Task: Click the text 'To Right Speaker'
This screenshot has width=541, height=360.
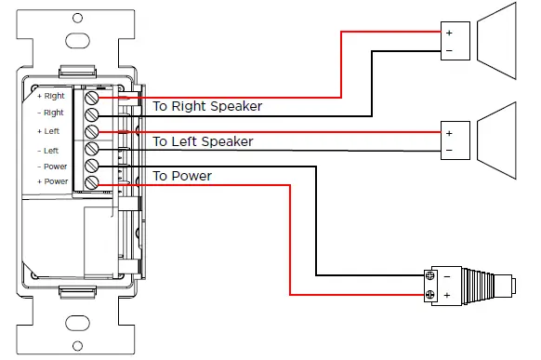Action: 207,107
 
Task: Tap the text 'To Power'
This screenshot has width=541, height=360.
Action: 182,176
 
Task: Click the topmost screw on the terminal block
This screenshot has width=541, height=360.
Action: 92,97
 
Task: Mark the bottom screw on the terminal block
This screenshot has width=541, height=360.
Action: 92,182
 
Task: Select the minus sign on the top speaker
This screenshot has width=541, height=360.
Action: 449,50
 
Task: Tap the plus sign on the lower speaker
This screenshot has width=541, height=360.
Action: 449,131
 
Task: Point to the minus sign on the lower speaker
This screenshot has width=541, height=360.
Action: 449,150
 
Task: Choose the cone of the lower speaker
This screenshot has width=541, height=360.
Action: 507,136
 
